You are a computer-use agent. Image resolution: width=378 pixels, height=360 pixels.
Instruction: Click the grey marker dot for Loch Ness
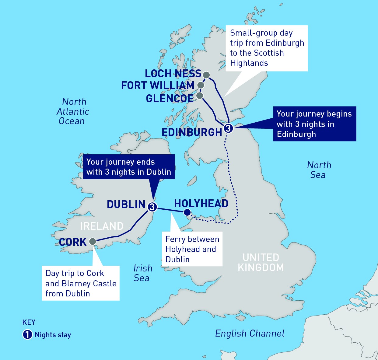click(x=206, y=75)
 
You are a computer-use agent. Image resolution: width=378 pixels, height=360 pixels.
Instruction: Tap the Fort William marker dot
click(x=201, y=85)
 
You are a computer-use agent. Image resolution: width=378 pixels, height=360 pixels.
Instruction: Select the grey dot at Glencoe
click(x=200, y=96)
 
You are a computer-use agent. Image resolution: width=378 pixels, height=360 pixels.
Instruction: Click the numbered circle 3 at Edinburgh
click(x=228, y=128)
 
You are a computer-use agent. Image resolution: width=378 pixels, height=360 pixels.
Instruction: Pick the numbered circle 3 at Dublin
click(x=152, y=207)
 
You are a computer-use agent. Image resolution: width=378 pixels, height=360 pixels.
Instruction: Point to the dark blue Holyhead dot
click(x=187, y=212)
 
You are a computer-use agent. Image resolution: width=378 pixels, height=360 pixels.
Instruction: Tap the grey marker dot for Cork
click(x=93, y=242)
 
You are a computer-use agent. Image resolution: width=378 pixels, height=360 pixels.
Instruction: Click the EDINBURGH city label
click(x=192, y=132)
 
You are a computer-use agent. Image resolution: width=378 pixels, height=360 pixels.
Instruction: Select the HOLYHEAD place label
click(x=201, y=204)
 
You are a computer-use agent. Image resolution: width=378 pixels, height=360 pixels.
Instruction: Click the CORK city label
click(x=73, y=242)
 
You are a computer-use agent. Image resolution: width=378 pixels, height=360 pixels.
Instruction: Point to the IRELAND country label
click(x=102, y=226)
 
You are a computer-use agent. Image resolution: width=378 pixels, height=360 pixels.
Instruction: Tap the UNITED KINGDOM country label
click(x=261, y=262)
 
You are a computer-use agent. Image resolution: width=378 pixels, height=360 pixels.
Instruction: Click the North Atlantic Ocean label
click(x=73, y=111)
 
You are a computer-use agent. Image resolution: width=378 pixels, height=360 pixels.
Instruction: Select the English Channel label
click(x=250, y=334)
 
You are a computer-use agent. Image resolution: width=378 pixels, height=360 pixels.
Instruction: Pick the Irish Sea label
click(x=142, y=273)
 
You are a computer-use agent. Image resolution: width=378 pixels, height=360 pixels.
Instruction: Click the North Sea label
click(x=319, y=170)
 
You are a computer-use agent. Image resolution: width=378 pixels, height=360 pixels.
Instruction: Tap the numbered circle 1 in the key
click(x=27, y=335)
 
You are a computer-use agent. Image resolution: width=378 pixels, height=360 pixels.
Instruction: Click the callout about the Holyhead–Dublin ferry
click(x=192, y=249)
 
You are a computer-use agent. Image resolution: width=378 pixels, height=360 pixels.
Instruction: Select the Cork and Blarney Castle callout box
click(x=81, y=283)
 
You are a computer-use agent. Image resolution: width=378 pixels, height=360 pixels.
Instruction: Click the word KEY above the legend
click(x=29, y=322)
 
